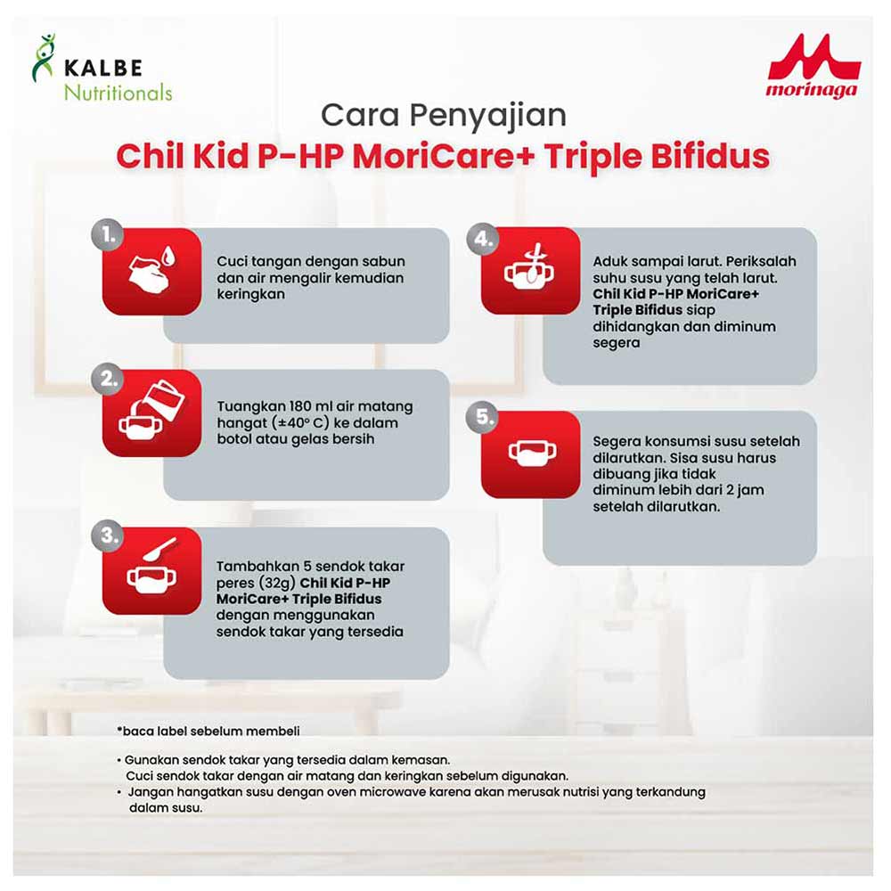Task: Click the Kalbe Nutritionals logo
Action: point(102,69)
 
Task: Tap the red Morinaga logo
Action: point(813,66)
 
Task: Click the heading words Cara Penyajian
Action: point(444,116)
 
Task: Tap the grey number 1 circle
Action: point(108,234)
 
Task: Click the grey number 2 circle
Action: point(108,379)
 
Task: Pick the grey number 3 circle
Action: point(108,535)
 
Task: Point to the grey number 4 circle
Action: point(483,239)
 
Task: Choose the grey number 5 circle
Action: point(482,418)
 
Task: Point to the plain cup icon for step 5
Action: point(532,453)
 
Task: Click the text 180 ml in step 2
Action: point(312,407)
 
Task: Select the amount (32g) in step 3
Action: point(277,584)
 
